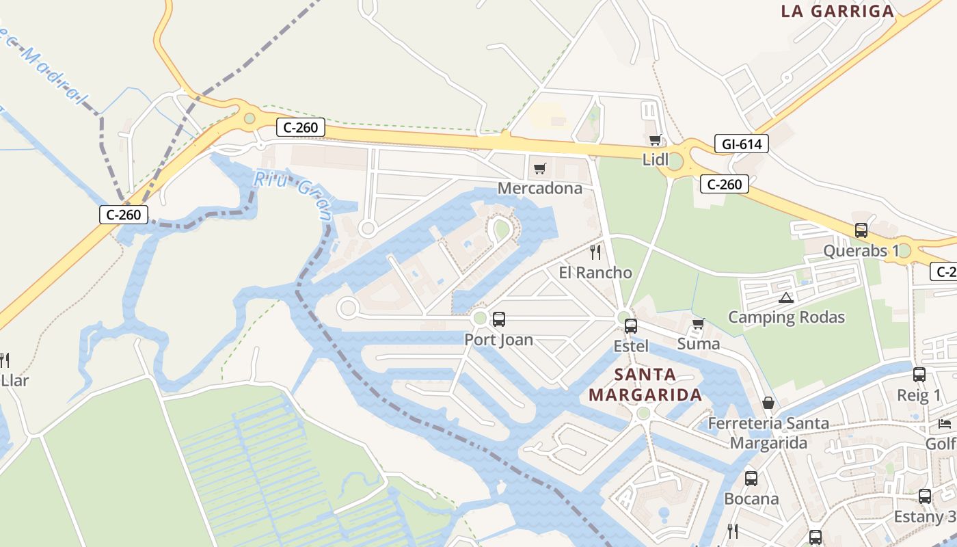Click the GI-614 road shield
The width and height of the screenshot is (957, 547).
pos(742,144)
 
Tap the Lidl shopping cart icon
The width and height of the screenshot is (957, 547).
pos(656,140)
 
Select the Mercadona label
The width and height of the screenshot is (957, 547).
pos(540,188)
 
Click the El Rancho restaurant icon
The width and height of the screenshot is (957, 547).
pos(595,252)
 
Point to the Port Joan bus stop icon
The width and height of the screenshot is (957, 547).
pos(499,319)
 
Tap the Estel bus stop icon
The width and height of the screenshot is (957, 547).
pos(631,326)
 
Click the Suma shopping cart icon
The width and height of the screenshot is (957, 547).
pos(698,323)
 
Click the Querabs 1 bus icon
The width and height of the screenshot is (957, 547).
pos(861,230)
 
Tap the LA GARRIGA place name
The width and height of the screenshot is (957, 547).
pos(837,11)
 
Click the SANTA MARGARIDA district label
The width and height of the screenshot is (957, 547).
pos(645,385)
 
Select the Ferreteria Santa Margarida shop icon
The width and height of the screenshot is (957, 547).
pos(768,403)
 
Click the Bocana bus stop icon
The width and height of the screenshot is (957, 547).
pos(751,479)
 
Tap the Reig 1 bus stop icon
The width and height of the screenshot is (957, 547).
pos(919,375)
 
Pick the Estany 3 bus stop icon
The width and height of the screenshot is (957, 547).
pos(925,496)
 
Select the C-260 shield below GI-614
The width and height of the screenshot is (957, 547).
pos(725,184)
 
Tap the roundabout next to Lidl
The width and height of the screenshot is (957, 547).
pos(675,162)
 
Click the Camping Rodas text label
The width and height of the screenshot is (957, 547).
pos(786,317)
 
